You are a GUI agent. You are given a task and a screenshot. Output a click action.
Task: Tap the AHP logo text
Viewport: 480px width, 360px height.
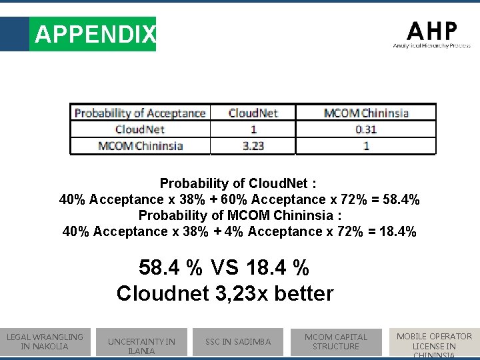(x=432, y=31)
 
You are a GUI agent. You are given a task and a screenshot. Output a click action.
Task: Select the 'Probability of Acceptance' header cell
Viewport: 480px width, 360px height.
(x=140, y=113)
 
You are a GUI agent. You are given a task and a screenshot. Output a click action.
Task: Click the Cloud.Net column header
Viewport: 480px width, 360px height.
(x=253, y=113)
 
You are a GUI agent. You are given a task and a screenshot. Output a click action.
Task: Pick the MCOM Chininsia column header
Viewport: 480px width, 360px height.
(x=366, y=113)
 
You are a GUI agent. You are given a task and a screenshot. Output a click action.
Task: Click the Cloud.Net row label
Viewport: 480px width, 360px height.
(x=140, y=129)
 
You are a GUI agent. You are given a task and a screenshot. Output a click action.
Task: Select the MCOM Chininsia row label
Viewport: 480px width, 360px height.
(x=140, y=146)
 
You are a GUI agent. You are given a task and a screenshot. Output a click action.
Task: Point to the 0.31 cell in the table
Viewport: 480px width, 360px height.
(x=366, y=129)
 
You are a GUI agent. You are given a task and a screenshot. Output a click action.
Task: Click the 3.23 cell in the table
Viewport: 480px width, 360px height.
(x=253, y=146)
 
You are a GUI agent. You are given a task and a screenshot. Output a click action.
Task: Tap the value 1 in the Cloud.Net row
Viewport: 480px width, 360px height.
(x=253, y=129)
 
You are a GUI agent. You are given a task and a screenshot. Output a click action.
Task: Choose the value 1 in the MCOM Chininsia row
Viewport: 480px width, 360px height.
(x=366, y=146)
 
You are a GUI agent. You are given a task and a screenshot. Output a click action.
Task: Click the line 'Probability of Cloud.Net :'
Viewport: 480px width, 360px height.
(x=238, y=183)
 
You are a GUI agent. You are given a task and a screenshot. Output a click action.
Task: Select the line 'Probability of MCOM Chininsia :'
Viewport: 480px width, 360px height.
(x=240, y=215)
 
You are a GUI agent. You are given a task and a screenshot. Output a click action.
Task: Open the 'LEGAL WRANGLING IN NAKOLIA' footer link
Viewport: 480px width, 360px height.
(x=45, y=341)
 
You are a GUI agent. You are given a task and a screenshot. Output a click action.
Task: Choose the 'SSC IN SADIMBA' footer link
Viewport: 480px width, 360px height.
(x=238, y=342)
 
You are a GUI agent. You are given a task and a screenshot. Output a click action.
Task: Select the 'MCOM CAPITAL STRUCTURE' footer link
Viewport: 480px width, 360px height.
(x=336, y=341)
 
